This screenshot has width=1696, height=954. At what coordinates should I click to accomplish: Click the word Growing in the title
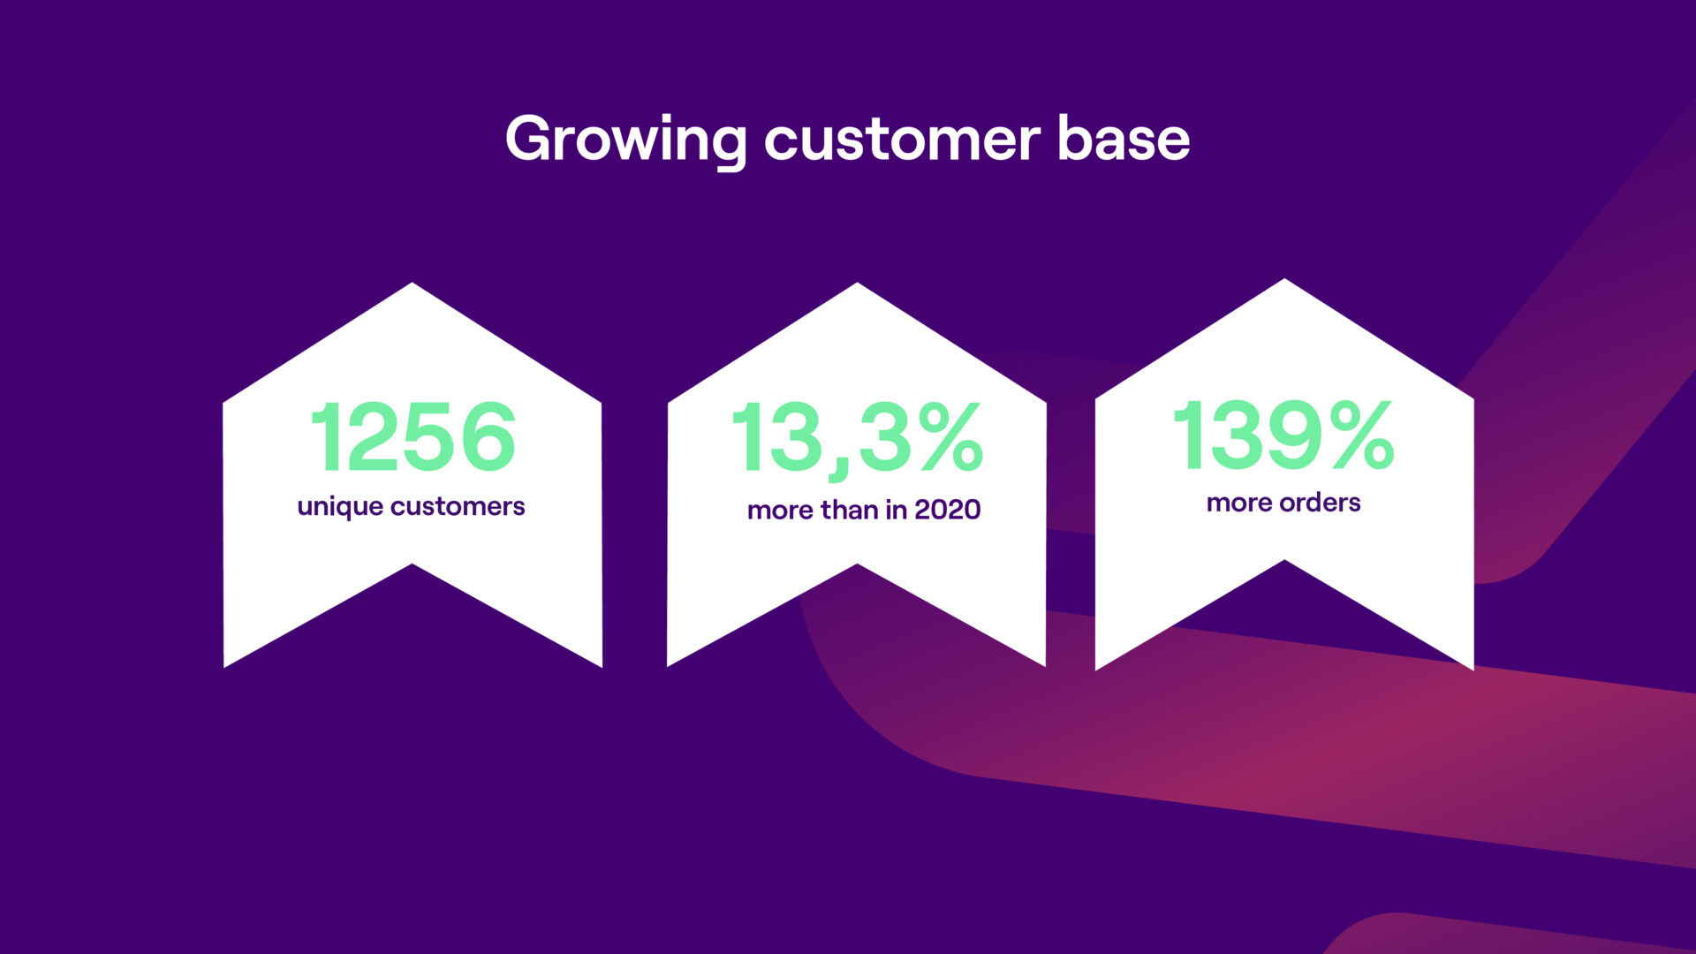[x=626, y=140]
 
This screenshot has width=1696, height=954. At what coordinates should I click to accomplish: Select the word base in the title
[x=1124, y=139]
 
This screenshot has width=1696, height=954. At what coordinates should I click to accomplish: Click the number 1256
[x=413, y=436]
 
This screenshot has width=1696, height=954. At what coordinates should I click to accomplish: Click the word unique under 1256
[x=340, y=507]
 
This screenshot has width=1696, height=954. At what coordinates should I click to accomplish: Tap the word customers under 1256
[x=458, y=506]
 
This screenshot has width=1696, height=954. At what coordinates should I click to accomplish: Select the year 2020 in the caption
[x=947, y=510]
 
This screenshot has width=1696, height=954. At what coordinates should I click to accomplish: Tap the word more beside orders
[x=1239, y=503]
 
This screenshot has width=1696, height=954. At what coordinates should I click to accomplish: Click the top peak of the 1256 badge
[x=413, y=284]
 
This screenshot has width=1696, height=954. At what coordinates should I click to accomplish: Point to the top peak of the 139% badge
[x=1284, y=279]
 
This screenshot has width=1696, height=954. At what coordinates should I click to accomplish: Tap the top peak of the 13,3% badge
[x=857, y=284]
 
